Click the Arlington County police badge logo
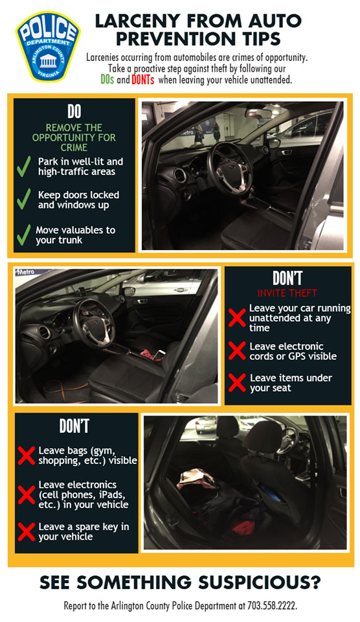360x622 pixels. [x=48, y=47]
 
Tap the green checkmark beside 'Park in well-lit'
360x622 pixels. [x=24, y=167]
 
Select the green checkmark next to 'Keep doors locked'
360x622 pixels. [x=24, y=199]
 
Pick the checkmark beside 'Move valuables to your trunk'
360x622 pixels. [x=24, y=235]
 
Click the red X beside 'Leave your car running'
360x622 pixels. [x=237, y=317]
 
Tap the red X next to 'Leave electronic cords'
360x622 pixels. [x=237, y=351]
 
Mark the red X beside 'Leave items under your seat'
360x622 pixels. [x=237, y=383]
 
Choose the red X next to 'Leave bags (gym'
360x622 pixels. [x=27, y=455]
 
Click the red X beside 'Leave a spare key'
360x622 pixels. [x=27, y=531]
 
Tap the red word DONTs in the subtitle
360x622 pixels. [x=142, y=80]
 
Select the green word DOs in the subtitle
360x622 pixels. [x=107, y=80]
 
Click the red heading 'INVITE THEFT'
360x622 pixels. [x=287, y=293]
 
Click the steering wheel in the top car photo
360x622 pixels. [x=229, y=168]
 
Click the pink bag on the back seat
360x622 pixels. [x=196, y=479]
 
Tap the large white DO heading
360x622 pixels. [x=74, y=112]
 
